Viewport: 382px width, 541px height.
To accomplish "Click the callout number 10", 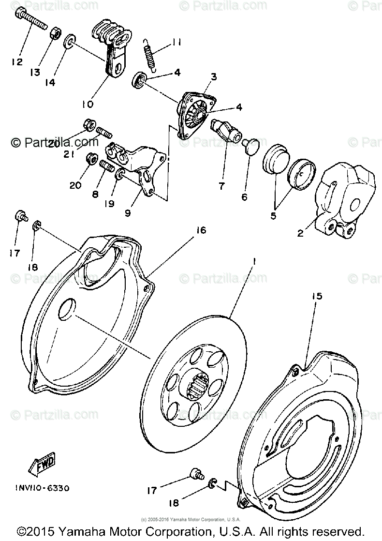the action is click(x=87, y=104).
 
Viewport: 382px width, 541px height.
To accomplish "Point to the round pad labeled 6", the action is click(x=252, y=146).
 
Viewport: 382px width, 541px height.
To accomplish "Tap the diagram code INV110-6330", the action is click(x=38, y=488).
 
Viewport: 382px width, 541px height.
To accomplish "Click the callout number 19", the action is click(x=109, y=204).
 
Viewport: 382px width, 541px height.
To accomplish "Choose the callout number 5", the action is click(x=273, y=216).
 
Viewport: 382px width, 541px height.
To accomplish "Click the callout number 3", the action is click(x=214, y=77).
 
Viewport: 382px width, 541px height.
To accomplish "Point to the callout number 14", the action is click(x=50, y=82).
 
